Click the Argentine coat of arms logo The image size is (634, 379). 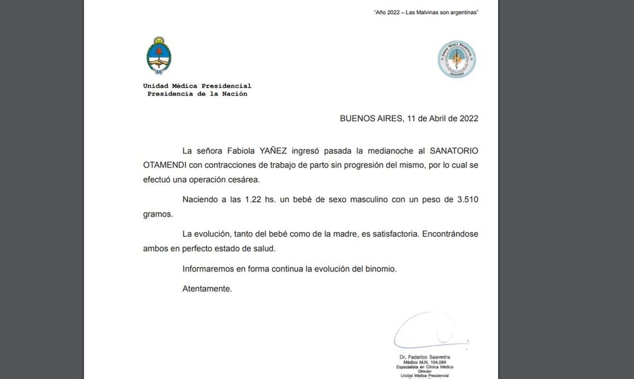158,57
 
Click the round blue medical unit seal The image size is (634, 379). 457,60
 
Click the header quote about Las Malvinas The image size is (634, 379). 426,12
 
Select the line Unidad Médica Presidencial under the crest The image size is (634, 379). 197,86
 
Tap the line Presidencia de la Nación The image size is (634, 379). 197,94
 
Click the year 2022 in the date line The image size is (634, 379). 468,119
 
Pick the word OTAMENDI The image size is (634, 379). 165,165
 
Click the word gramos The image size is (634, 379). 158,214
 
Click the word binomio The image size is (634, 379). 381,269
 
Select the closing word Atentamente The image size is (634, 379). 207,289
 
